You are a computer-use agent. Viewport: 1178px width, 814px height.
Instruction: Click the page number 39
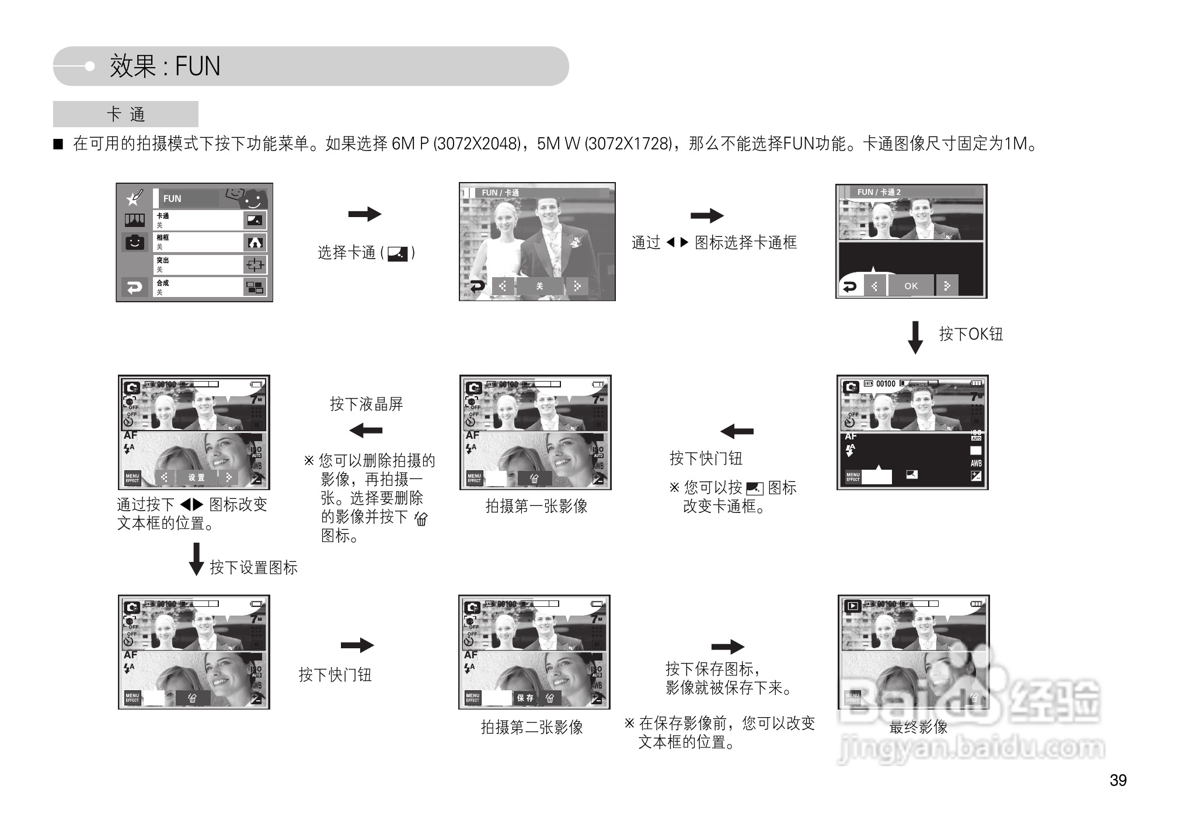(x=1117, y=780)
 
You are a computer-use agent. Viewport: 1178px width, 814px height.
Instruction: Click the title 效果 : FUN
(x=165, y=66)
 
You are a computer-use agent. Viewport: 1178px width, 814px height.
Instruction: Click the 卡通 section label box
(x=126, y=114)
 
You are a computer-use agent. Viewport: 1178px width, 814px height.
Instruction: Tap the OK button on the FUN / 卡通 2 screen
(x=911, y=286)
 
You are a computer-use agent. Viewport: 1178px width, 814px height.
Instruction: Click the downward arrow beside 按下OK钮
(x=915, y=337)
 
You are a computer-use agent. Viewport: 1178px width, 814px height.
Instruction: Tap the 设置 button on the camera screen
(x=196, y=477)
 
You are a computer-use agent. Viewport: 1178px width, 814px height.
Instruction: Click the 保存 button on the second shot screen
(x=525, y=697)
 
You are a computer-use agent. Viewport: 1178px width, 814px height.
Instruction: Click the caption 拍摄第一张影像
(x=536, y=506)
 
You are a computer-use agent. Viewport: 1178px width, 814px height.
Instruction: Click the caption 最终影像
(x=918, y=727)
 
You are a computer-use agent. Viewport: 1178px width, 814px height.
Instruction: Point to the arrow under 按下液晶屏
(x=365, y=431)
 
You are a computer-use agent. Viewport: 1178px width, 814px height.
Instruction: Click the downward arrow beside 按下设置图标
(x=196, y=559)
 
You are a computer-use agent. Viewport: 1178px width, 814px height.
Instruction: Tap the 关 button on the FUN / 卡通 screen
(x=539, y=286)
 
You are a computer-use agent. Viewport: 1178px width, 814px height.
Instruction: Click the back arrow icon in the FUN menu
(x=135, y=288)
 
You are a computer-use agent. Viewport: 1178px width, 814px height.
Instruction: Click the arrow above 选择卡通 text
(x=364, y=214)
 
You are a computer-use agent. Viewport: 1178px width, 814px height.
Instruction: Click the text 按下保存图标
(x=711, y=669)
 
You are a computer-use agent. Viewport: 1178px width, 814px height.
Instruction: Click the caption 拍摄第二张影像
(x=531, y=727)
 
